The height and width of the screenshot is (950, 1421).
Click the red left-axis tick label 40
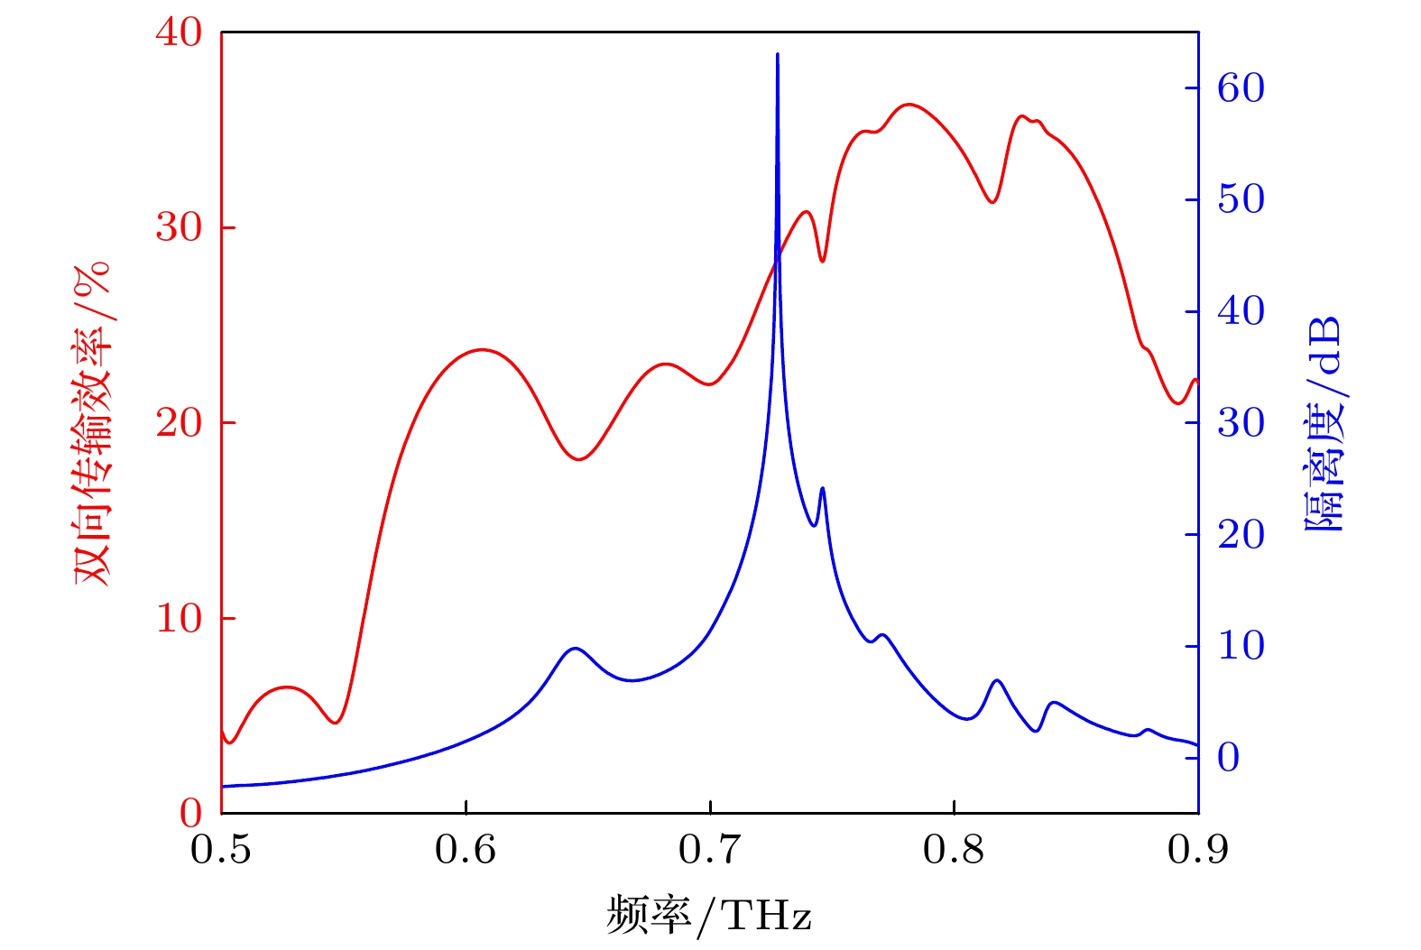click(179, 33)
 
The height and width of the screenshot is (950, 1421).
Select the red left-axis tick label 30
click(179, 228)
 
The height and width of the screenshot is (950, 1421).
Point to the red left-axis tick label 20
click(179, 423)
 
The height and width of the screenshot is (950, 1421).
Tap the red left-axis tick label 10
click(179, 619)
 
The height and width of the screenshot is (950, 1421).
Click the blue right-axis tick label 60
click(1241, 88)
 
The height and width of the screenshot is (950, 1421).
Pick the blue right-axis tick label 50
click(1241, 200)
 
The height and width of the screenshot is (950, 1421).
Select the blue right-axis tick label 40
click(1241, 312)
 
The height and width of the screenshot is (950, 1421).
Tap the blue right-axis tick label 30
click(1241, 423)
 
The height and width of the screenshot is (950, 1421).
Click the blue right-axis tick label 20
click(1241, 535)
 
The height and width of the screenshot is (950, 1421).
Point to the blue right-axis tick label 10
click(1241, 647)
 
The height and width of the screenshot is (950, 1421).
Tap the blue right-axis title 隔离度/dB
click(1324, 423)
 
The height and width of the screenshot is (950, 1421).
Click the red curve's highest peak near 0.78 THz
click(909, 105)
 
